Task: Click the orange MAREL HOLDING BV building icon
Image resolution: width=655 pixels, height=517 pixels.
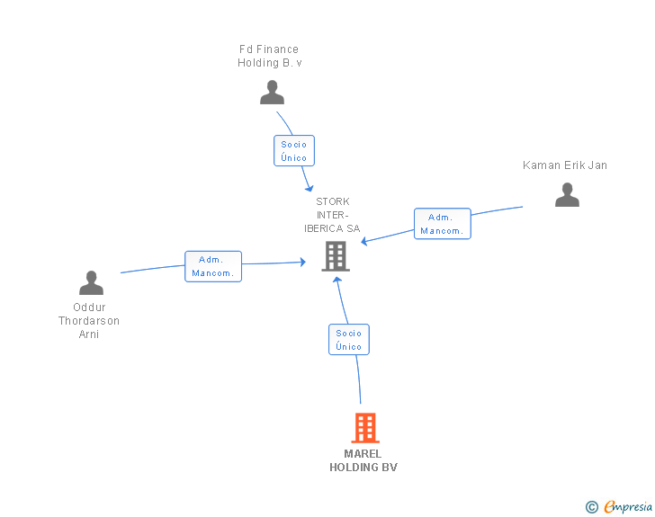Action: pos(365,428)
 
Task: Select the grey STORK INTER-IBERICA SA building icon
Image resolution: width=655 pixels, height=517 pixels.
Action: pos(336,256)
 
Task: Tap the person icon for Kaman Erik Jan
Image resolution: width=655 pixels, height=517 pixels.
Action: pos(567,194)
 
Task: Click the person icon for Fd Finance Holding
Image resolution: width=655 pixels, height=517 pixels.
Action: pos(272,93)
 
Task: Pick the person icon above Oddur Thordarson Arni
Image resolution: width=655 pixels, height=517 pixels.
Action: pos(91,282)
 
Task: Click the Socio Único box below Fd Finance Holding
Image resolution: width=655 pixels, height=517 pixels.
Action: pos(294,151)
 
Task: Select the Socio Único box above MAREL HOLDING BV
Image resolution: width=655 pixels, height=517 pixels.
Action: pos(349,340)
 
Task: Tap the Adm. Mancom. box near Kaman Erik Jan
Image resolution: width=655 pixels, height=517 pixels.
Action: pos(443,224)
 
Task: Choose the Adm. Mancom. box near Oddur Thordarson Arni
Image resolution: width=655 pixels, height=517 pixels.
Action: pos(213,266)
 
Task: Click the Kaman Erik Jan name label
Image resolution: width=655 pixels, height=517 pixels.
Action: pos(565,165)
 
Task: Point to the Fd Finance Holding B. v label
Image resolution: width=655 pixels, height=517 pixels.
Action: pos(269,56)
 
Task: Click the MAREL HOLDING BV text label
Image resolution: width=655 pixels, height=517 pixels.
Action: pos(363,460)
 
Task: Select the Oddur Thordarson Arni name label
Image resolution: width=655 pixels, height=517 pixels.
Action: pos(89,321)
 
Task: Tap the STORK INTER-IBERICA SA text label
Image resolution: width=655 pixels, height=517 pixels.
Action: pos(332,215)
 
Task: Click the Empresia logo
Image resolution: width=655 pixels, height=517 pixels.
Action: pos(628,506)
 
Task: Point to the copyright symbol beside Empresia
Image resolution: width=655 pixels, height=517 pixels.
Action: pos(592,507)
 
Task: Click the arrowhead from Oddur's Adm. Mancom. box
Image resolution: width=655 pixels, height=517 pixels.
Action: pos(303,262)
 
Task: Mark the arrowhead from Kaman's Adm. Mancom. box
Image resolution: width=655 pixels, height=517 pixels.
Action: pos(364,241)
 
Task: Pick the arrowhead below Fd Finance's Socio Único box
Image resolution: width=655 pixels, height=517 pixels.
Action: pos(310,188)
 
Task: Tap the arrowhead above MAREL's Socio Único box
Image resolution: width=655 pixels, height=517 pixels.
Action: pos(337,280)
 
